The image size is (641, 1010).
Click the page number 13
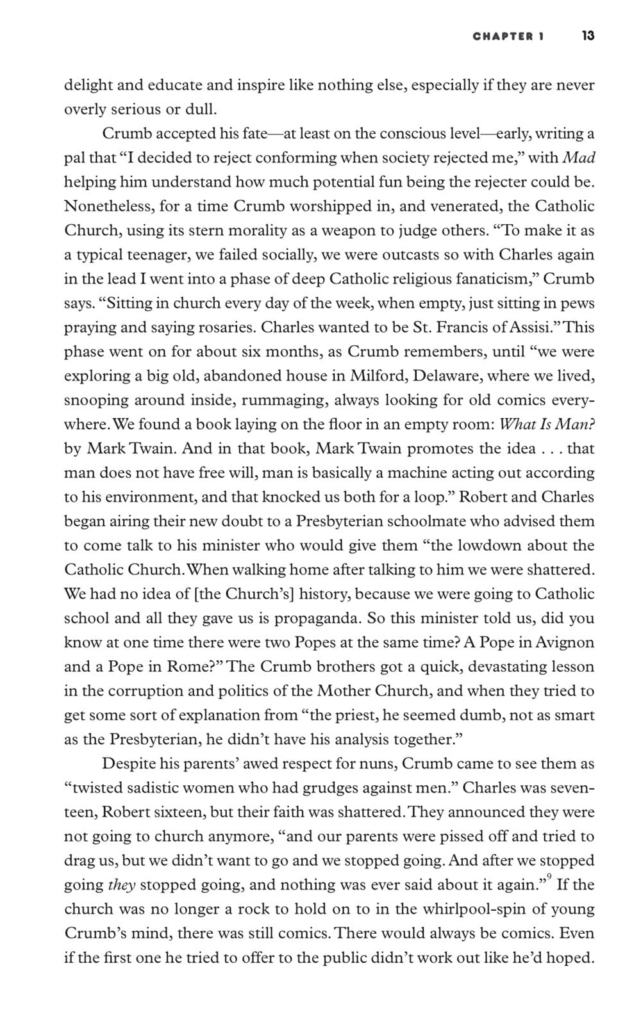coord(588,36)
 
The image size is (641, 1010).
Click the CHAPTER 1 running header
coord(508,37)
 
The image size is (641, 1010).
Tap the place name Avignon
coord(562,642)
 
